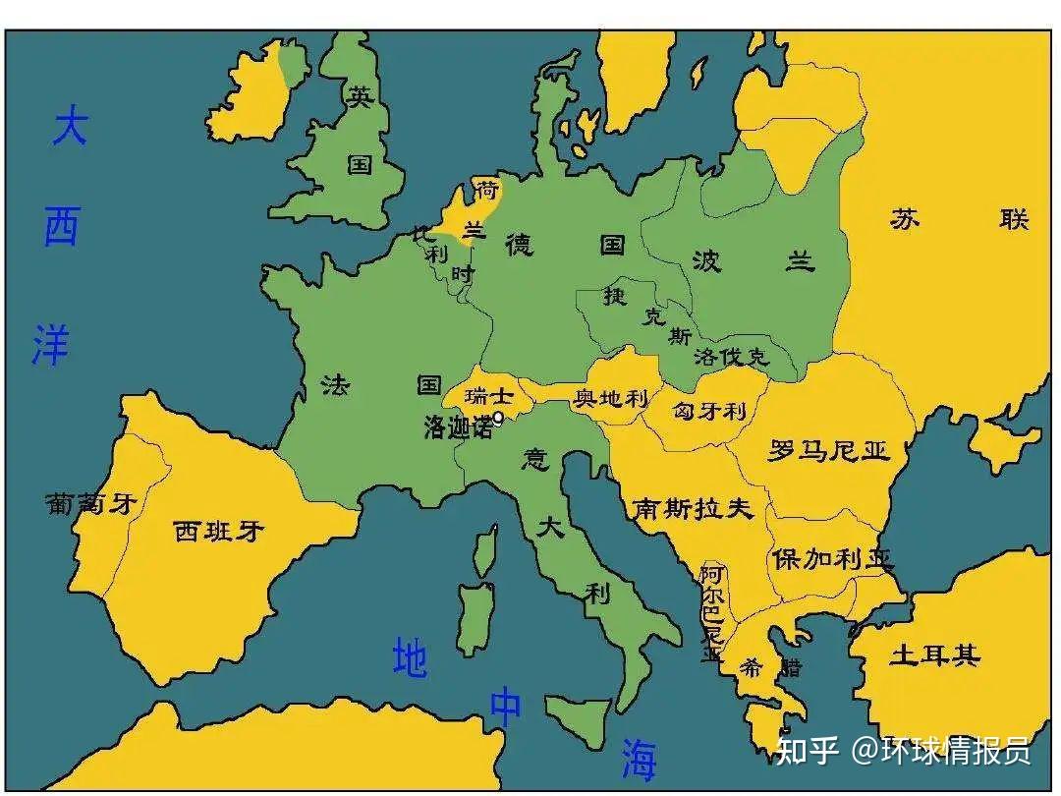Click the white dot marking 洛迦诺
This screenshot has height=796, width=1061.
(x=498, y=418)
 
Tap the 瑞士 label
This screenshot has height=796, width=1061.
(x=489, y=397)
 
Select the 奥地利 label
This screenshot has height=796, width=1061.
(x=611, y=398)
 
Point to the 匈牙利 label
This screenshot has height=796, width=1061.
(x=709, y=411)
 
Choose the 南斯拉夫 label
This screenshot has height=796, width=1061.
(x=693, y=508)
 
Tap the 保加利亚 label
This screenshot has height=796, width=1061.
(x=832, y=559)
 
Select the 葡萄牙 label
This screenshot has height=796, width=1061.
(x=90, y=504)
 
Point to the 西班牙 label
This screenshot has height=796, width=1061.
(x=219, y=532)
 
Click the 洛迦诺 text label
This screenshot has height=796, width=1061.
(x=457, y=427)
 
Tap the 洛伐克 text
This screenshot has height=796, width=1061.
(x=731, y=356)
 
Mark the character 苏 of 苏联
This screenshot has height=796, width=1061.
(x=905, y=219)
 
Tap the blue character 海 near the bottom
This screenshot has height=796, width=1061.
(x=639, y=760)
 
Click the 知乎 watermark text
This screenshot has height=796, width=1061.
(x=808, y=752)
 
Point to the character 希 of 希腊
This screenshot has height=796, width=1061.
(x=752, y=668)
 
